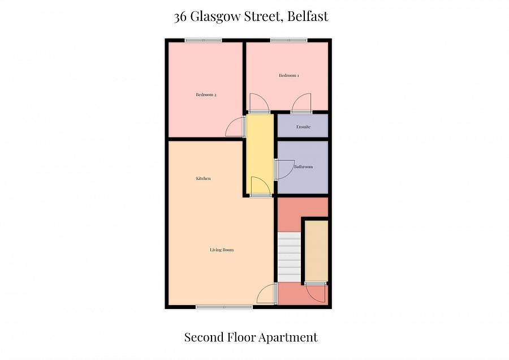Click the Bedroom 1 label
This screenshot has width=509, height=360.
click(x=288, y=75)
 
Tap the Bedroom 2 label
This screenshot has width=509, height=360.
click(x=206, y=95)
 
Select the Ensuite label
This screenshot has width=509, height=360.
click(x=303, y=127)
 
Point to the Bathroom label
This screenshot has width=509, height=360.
click(x=303, y=167)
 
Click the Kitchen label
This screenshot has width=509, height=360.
click(x=203, y=178)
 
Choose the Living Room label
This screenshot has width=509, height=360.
click(x=222, y=250)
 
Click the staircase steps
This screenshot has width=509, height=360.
click(x=289, y=255)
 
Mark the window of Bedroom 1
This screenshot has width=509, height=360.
click(x=288, y=40)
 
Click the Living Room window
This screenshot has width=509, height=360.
click(x=224, y=307)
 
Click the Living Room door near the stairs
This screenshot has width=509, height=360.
click(x=266, y=294)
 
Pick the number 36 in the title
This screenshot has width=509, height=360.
click(x=181, y=16)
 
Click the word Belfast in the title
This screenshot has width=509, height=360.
click(x=307, y=16)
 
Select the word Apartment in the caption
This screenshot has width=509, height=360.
click(x=288, y=337)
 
